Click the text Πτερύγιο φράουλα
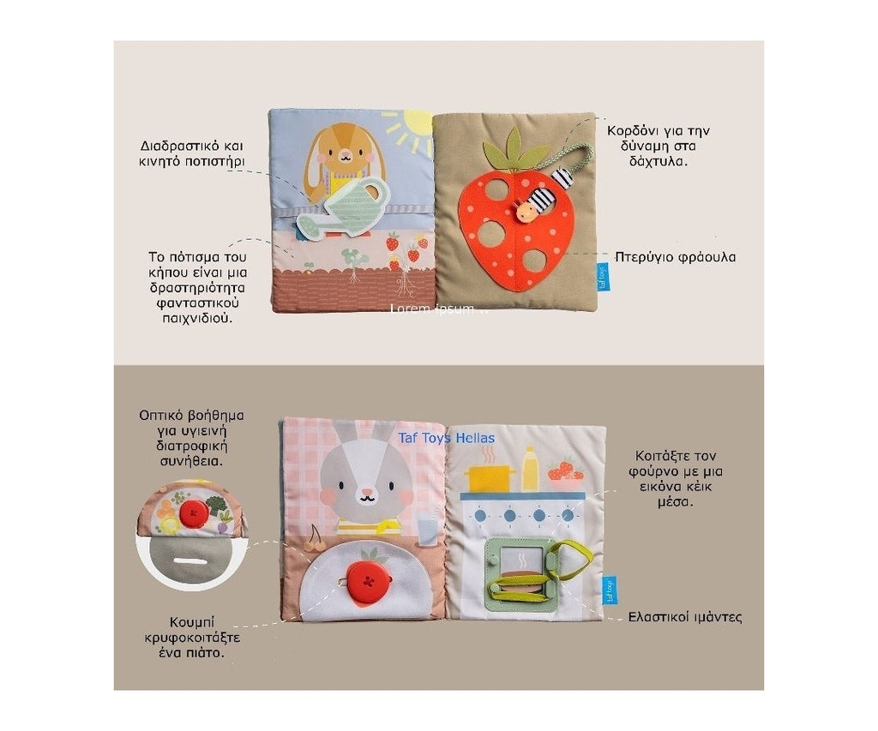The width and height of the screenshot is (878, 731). coord(676,257)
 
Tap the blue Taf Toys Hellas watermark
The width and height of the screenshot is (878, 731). coord(446,438)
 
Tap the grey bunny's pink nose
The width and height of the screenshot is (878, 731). coord(366,493)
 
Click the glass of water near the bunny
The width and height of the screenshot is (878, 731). coord(427,529)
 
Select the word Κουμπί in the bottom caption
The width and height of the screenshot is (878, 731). coord(191,623)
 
